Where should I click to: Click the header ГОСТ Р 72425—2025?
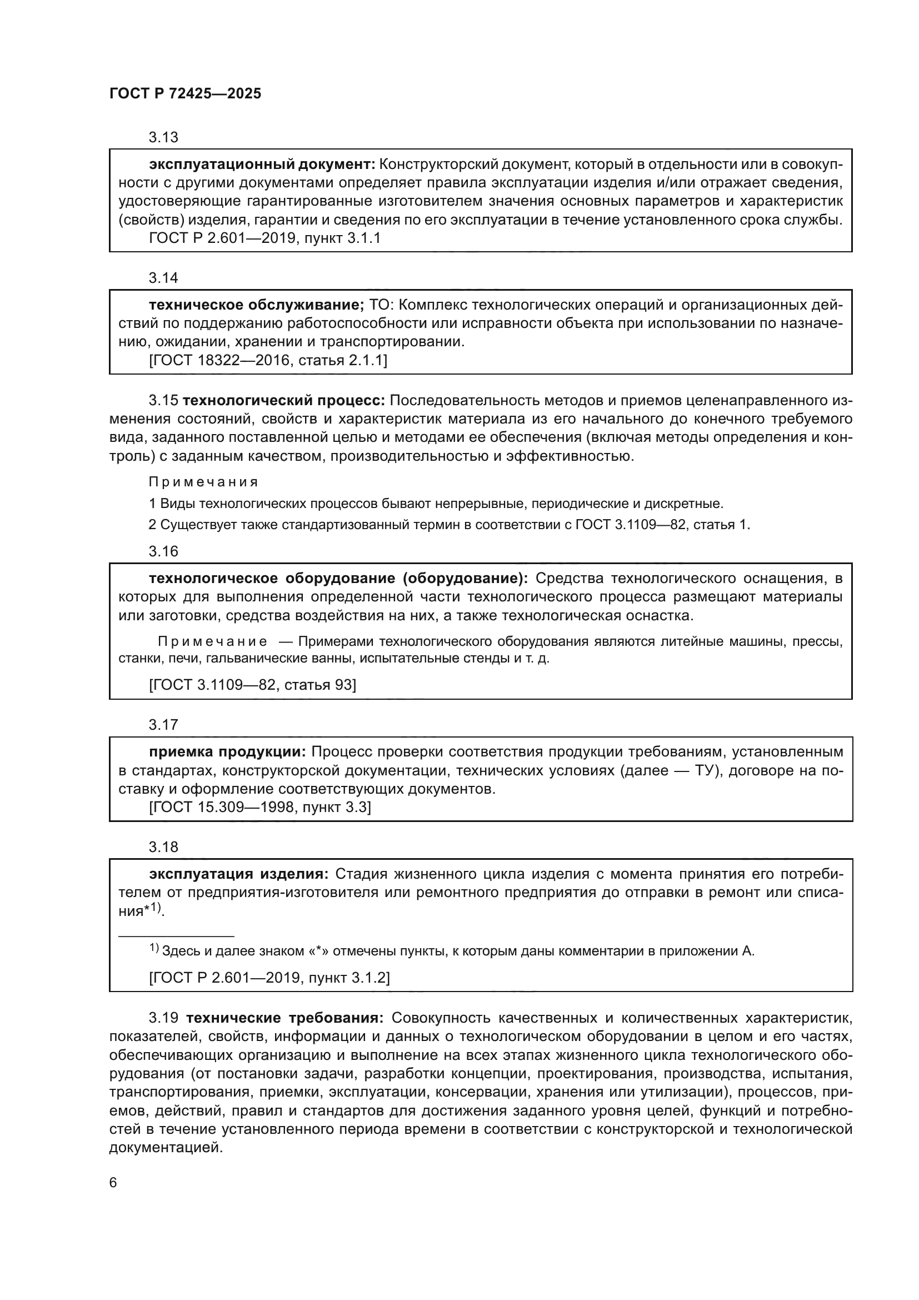tap(185, 93)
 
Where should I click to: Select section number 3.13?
tap(163, 138)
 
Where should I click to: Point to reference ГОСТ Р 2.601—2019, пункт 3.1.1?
tap(264, 238)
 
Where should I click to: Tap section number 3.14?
tap(163, 278)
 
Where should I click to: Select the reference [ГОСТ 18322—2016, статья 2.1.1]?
tap(268, 360)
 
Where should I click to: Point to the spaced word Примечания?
tap(203, 482)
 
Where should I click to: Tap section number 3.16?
tap(163, 551)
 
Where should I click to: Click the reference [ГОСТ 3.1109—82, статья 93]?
tap(252, 685)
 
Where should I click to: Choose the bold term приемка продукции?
tap(227, 752)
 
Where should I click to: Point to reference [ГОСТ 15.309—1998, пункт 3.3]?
tap(259, 807)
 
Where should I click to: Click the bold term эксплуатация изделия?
tap(239, 874)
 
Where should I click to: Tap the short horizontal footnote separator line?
tap(176, 937)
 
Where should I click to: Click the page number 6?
tap(113, 1183)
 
